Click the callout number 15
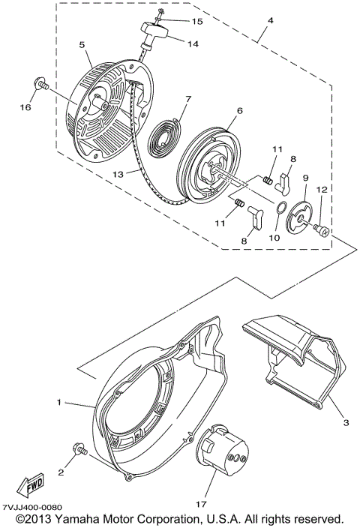point(176,21)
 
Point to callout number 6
point(239,110)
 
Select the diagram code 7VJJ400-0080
point(31,508)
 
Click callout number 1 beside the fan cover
point(58,403)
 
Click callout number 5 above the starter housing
point(81,44)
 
